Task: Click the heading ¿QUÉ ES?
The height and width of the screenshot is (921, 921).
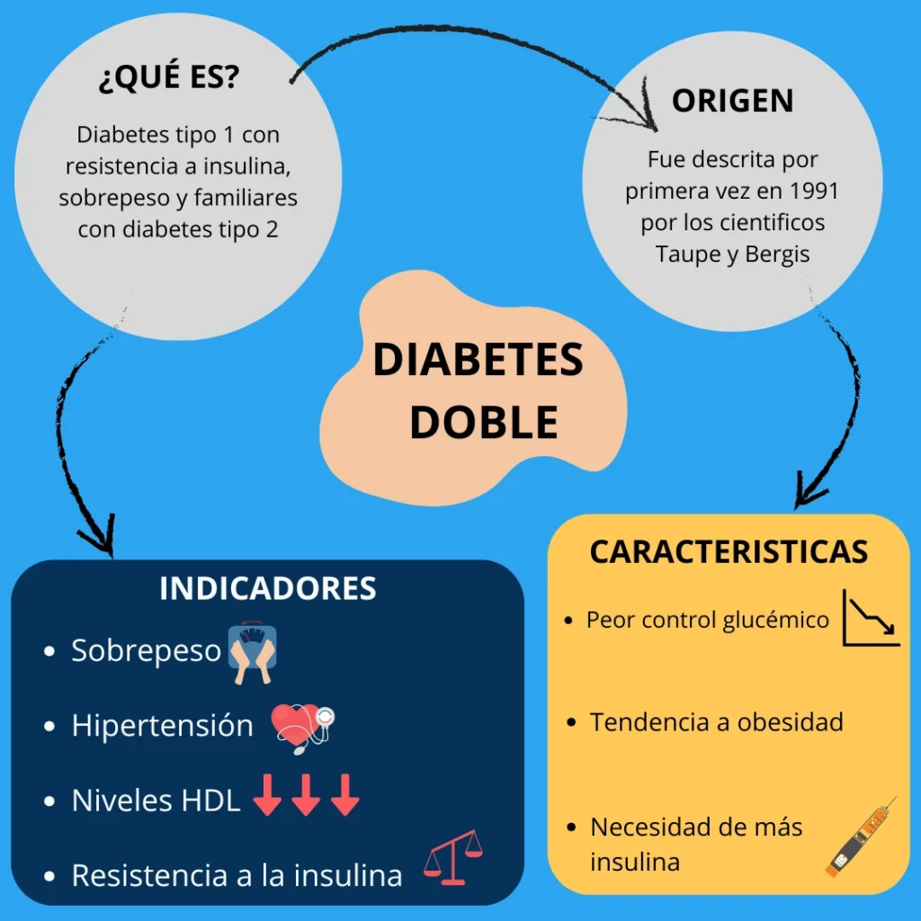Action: click(x=168, y=79)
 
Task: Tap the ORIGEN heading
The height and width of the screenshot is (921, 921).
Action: click(x=732, y=101)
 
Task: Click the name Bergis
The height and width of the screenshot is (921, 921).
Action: click(x=778, y=254)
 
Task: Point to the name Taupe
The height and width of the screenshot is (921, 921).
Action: click(x=686, y=254)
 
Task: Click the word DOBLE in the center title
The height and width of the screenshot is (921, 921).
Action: click(x=483, y=422)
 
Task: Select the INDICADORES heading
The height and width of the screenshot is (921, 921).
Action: click(x=267, y=588)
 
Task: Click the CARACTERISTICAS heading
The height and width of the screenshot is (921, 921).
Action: click(x=729, y=551)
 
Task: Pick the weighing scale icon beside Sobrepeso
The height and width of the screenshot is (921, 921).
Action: click(x=252, y=652)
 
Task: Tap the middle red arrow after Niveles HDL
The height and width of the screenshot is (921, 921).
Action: click(x=306, y=796)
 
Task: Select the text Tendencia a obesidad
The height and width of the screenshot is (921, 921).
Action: click(x=716, y=722)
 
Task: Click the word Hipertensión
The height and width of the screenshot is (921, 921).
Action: click(x=162, y=726)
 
